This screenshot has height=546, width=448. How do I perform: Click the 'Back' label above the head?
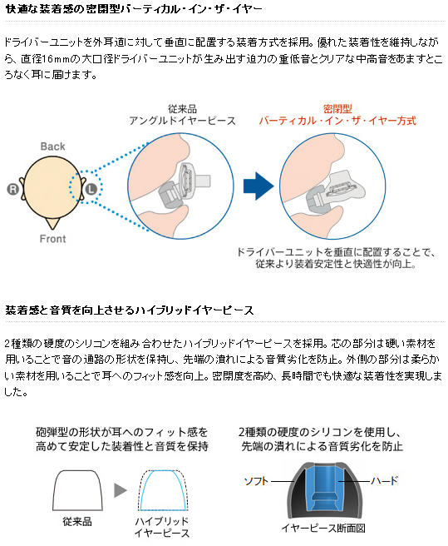[x=53, y=146]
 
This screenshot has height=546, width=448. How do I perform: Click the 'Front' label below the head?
[x=52, y=239]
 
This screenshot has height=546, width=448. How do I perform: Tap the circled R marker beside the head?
[x=12, y=189]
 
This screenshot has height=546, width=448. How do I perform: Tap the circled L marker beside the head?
[x=91, y=189]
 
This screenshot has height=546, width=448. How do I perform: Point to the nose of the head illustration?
[x=52, y=224]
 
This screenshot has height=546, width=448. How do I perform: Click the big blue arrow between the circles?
[x=258, y=186]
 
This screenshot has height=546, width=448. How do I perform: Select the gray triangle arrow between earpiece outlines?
[x=121, y=490]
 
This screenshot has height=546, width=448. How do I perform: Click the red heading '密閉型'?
[x=337, y=109]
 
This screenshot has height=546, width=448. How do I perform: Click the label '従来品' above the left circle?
[x=182, y=109]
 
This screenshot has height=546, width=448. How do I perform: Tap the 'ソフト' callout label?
[x=257, y=481]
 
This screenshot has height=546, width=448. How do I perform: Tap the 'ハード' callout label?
[x=384, y=481]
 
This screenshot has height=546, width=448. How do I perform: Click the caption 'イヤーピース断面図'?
[x=323, y=529]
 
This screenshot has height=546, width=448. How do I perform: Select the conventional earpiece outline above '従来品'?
[x=77, y=490]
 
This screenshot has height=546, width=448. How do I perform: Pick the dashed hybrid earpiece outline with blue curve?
[x=163, y=490]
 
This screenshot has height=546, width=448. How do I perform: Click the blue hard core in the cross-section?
[x=325, y=488]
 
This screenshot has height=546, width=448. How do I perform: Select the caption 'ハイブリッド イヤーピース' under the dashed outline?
[x=162, y=527]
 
